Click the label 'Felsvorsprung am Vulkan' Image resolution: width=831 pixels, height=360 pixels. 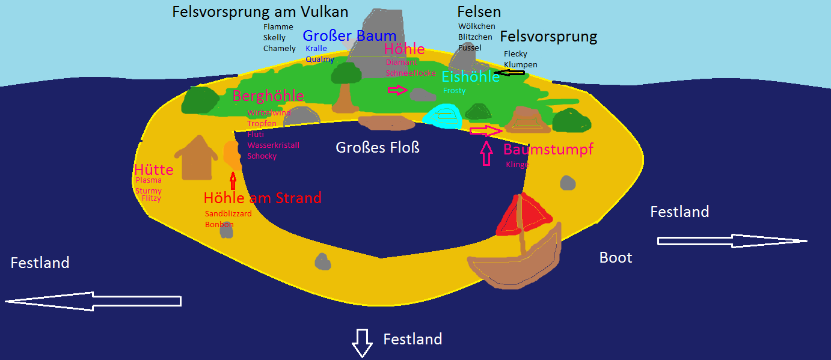point(260,11)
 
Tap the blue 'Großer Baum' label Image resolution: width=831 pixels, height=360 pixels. point(349,35)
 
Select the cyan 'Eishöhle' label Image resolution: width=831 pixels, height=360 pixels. point(470,77)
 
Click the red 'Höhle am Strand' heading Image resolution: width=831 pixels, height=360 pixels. point(262,198)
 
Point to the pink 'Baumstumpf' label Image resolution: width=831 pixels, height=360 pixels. point(548,149)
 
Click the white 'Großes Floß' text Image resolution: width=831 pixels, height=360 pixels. point(378,147)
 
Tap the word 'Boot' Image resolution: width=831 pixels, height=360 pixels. point(616,258)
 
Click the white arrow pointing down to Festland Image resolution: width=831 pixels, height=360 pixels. point(362,343)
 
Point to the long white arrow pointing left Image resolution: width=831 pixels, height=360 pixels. point(93,301)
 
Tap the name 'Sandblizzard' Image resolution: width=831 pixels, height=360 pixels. point(228,213)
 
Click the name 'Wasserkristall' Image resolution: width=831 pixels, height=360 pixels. point(273,145)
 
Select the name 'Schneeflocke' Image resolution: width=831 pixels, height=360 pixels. point(411,73)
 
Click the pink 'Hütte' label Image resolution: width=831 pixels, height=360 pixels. point(153,170)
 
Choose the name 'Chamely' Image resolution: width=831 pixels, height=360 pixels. point(279,49)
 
